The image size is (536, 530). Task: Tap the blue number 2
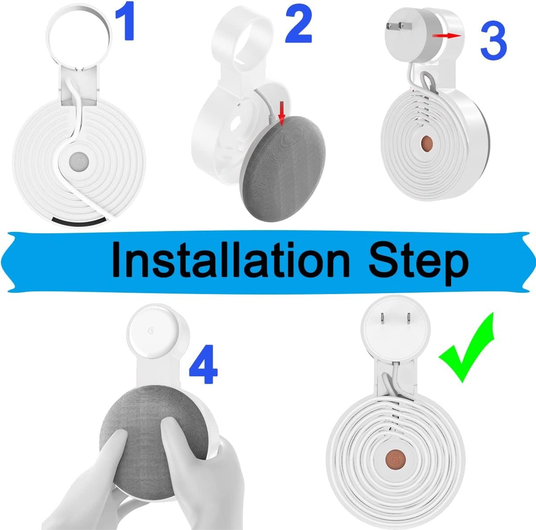[x=298, y=25]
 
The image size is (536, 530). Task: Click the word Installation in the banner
[x=230, y=260]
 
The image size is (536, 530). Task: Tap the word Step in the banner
[x=419, y=263]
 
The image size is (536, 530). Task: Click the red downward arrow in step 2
[x=282, y=115]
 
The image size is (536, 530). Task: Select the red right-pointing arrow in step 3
[x=447, y=35]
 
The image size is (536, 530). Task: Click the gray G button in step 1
[x=79, y=161]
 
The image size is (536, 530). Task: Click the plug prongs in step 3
[x=398, y=27]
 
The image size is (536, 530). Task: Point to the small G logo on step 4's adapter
[x=151, y=331]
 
